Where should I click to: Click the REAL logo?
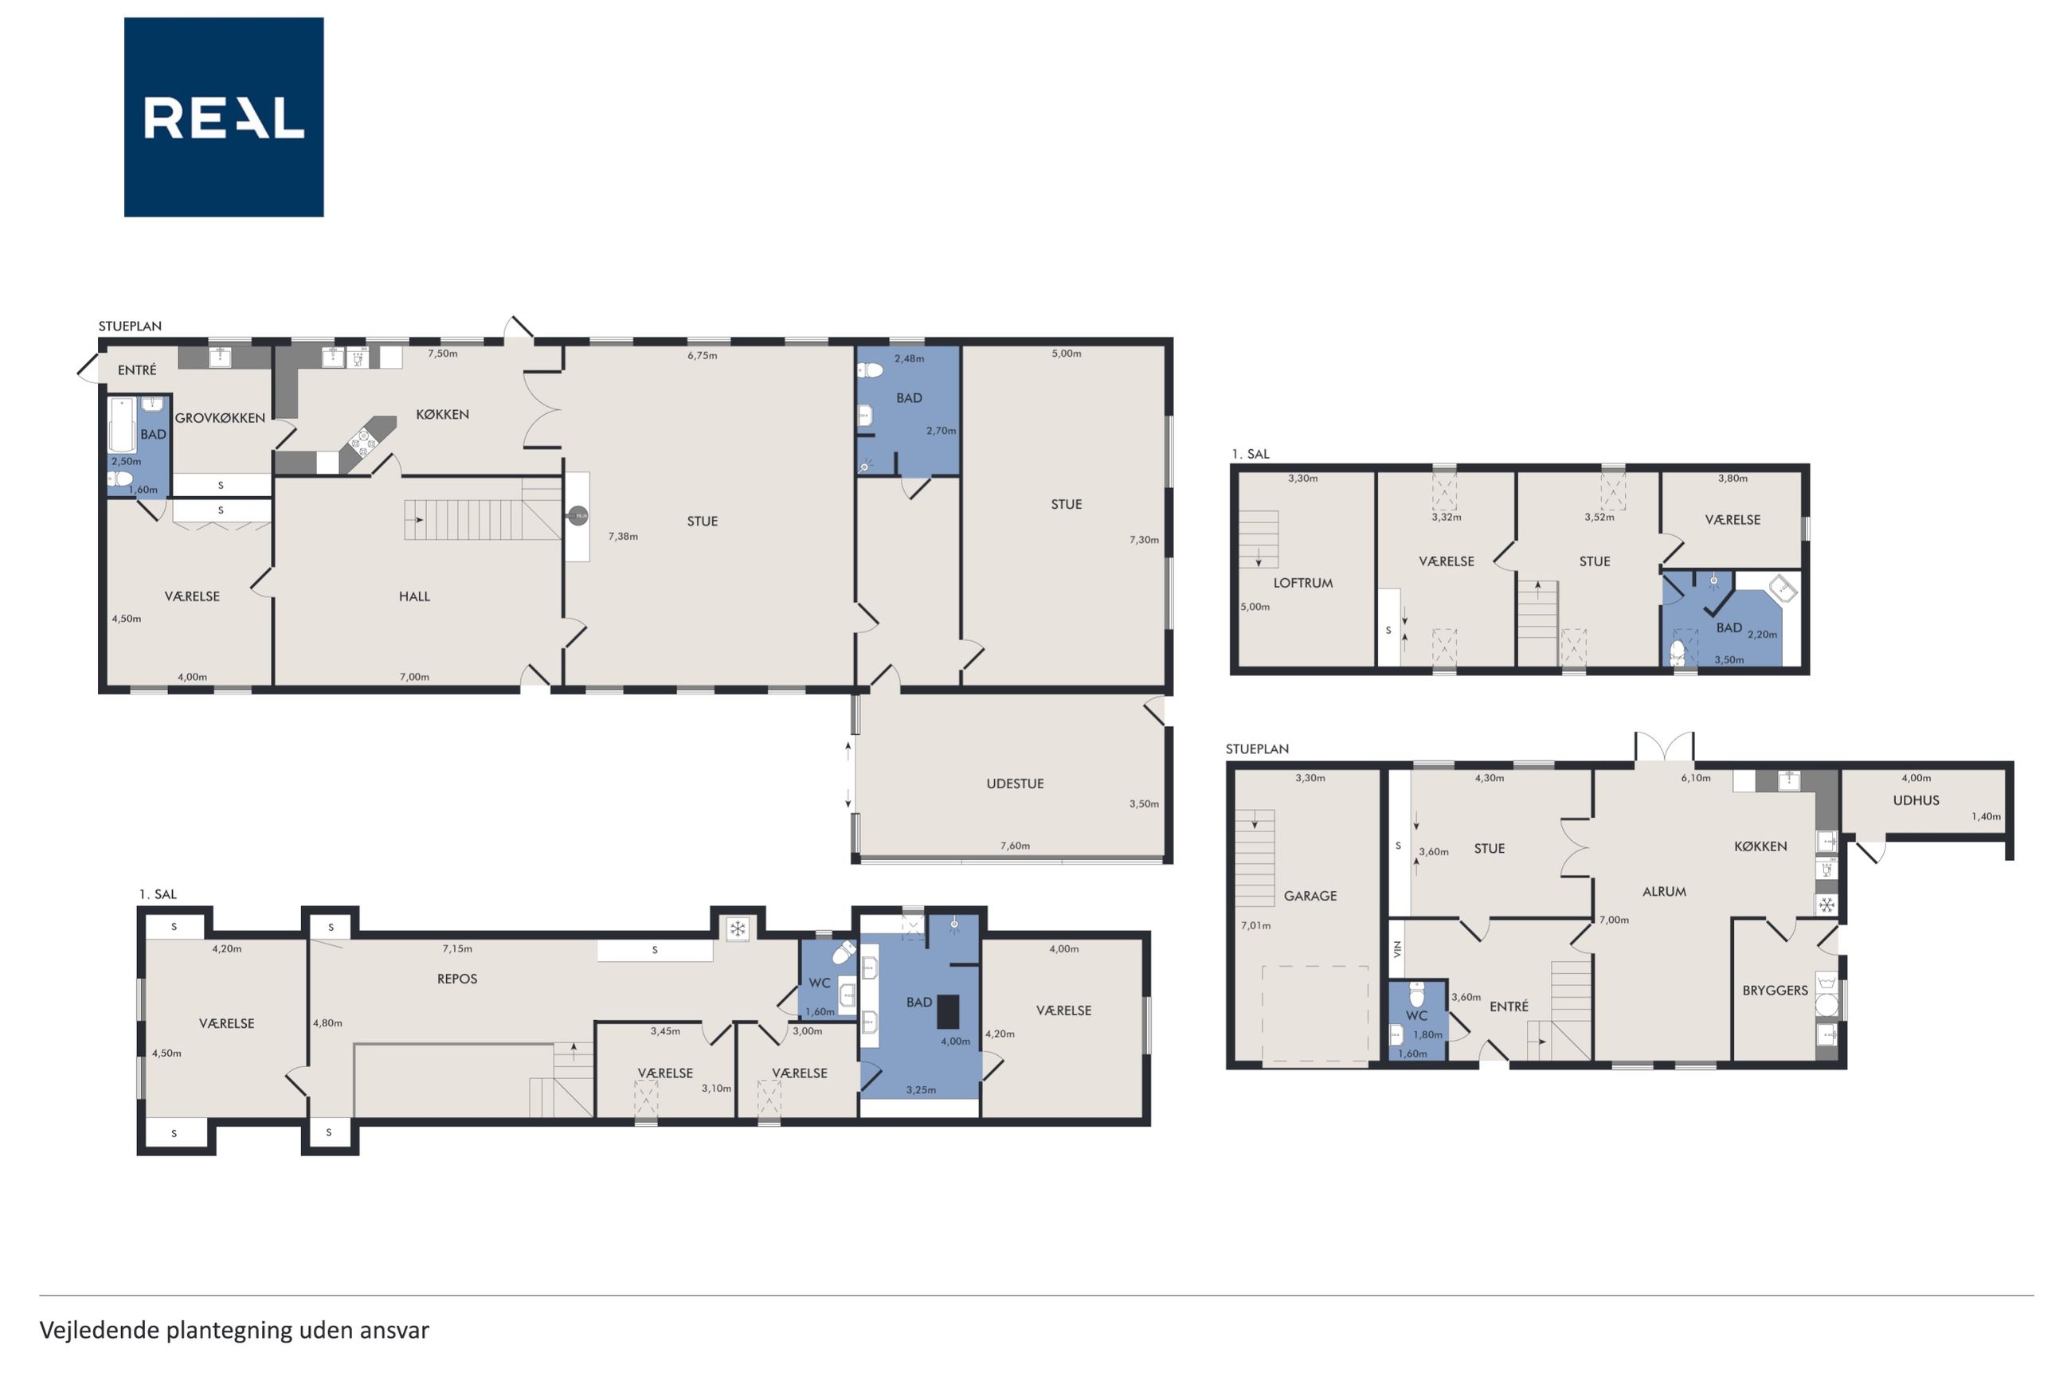click(x=224, y=117)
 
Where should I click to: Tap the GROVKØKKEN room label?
click(x=220, y=418)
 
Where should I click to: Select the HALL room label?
click(x=414, y=596)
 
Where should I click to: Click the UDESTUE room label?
click(x=1015, y=784)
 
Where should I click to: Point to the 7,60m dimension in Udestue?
click(x=1015, y=846)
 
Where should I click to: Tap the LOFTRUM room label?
click(x=1302, y=583)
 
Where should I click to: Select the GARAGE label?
click(x=1310, y=896)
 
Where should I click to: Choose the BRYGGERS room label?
click(x=1775, y=990)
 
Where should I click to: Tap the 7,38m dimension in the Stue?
click(x=623, y=536)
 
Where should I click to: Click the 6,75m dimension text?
click(x=703, y=356)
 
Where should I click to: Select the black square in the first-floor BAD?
click(x=947, y=1011)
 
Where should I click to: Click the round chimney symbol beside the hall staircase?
click(x=577, y=516)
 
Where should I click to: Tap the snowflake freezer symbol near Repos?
click(x=738, y=928)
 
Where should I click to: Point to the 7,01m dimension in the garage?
click(x=1256, y=925)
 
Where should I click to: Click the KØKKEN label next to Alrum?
click(x=1760, y=846)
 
